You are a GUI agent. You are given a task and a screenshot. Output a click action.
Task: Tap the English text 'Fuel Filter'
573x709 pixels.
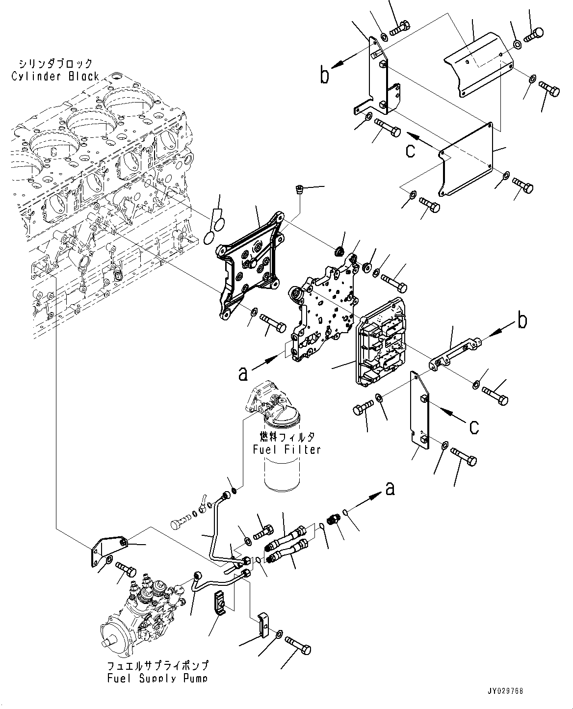pos(286,449)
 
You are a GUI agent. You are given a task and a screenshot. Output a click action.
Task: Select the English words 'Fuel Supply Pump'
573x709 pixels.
pos(157,678)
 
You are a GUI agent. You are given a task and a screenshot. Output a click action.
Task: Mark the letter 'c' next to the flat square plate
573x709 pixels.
pos(410,150)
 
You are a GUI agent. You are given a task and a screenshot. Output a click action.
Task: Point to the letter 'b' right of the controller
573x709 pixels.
pos(523,321)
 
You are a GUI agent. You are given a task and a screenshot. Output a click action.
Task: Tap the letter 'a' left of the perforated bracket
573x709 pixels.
pos(242,374)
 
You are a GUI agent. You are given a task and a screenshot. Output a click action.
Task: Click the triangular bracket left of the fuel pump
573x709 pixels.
pos(100,551)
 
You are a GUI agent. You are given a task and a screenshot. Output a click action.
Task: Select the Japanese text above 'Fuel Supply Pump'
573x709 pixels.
pos(157,666)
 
